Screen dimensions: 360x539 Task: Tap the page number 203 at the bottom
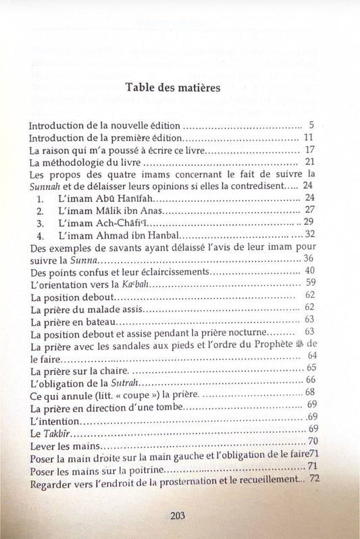coord(178,515)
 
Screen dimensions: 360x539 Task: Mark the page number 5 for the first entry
coord(311,126)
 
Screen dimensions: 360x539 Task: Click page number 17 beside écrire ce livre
coord(309,149)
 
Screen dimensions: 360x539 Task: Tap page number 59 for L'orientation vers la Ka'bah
coord(311,282)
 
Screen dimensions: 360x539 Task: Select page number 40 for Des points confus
coord(310,270)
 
